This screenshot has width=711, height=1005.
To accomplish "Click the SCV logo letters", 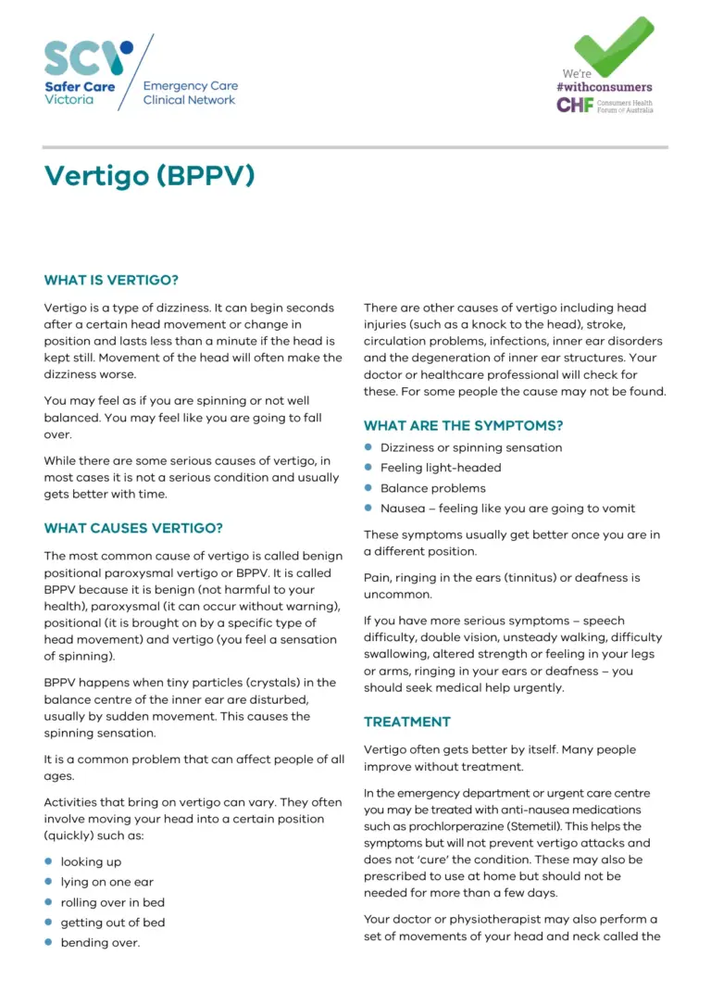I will pos(88,58).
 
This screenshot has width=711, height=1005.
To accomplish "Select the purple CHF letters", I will pos(573,105).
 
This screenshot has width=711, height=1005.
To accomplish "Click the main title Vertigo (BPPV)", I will pos(149,176).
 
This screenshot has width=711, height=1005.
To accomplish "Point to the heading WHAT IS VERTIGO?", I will pos(111,280).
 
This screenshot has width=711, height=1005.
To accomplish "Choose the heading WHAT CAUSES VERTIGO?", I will pos(133,529).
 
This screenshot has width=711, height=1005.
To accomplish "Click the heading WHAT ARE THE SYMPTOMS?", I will pos(463,426).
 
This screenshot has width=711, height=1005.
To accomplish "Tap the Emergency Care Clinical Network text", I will pos(190,93).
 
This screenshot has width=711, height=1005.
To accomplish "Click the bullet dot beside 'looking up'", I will pos(48,861).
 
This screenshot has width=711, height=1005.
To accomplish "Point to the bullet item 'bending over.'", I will pos(100,943).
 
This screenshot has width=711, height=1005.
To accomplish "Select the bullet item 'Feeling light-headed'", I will pos(441,468).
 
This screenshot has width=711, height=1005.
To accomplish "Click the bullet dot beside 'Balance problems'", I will pos(368,488).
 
